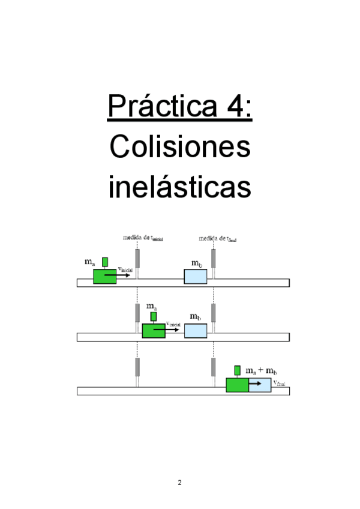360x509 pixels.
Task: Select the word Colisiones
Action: (x=180, y=147)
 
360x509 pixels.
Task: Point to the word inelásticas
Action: (x=179, y=187)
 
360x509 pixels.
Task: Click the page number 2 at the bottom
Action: (x=179, y=482)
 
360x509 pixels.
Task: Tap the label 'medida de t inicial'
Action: (x=143, y=238)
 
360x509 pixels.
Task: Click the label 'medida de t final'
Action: (x=218, y=238)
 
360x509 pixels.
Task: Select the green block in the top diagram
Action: (x=104, y=277)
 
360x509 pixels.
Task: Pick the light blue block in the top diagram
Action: (x=196, y=277)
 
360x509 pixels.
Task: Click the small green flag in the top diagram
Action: (x=105, y=262)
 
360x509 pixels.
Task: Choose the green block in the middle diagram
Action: (x=153, y=331)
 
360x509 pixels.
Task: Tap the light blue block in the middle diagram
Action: (x=196, y=331)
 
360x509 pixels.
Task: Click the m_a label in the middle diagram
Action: (x=152, y=307)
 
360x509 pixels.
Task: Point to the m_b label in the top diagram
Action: (x=196, y=264)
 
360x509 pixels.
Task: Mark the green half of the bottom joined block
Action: (x=237, y=385)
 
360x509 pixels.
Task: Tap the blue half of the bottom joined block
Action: (x=260, y=385)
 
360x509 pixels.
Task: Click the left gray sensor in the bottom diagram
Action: (x=137, y=366)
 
